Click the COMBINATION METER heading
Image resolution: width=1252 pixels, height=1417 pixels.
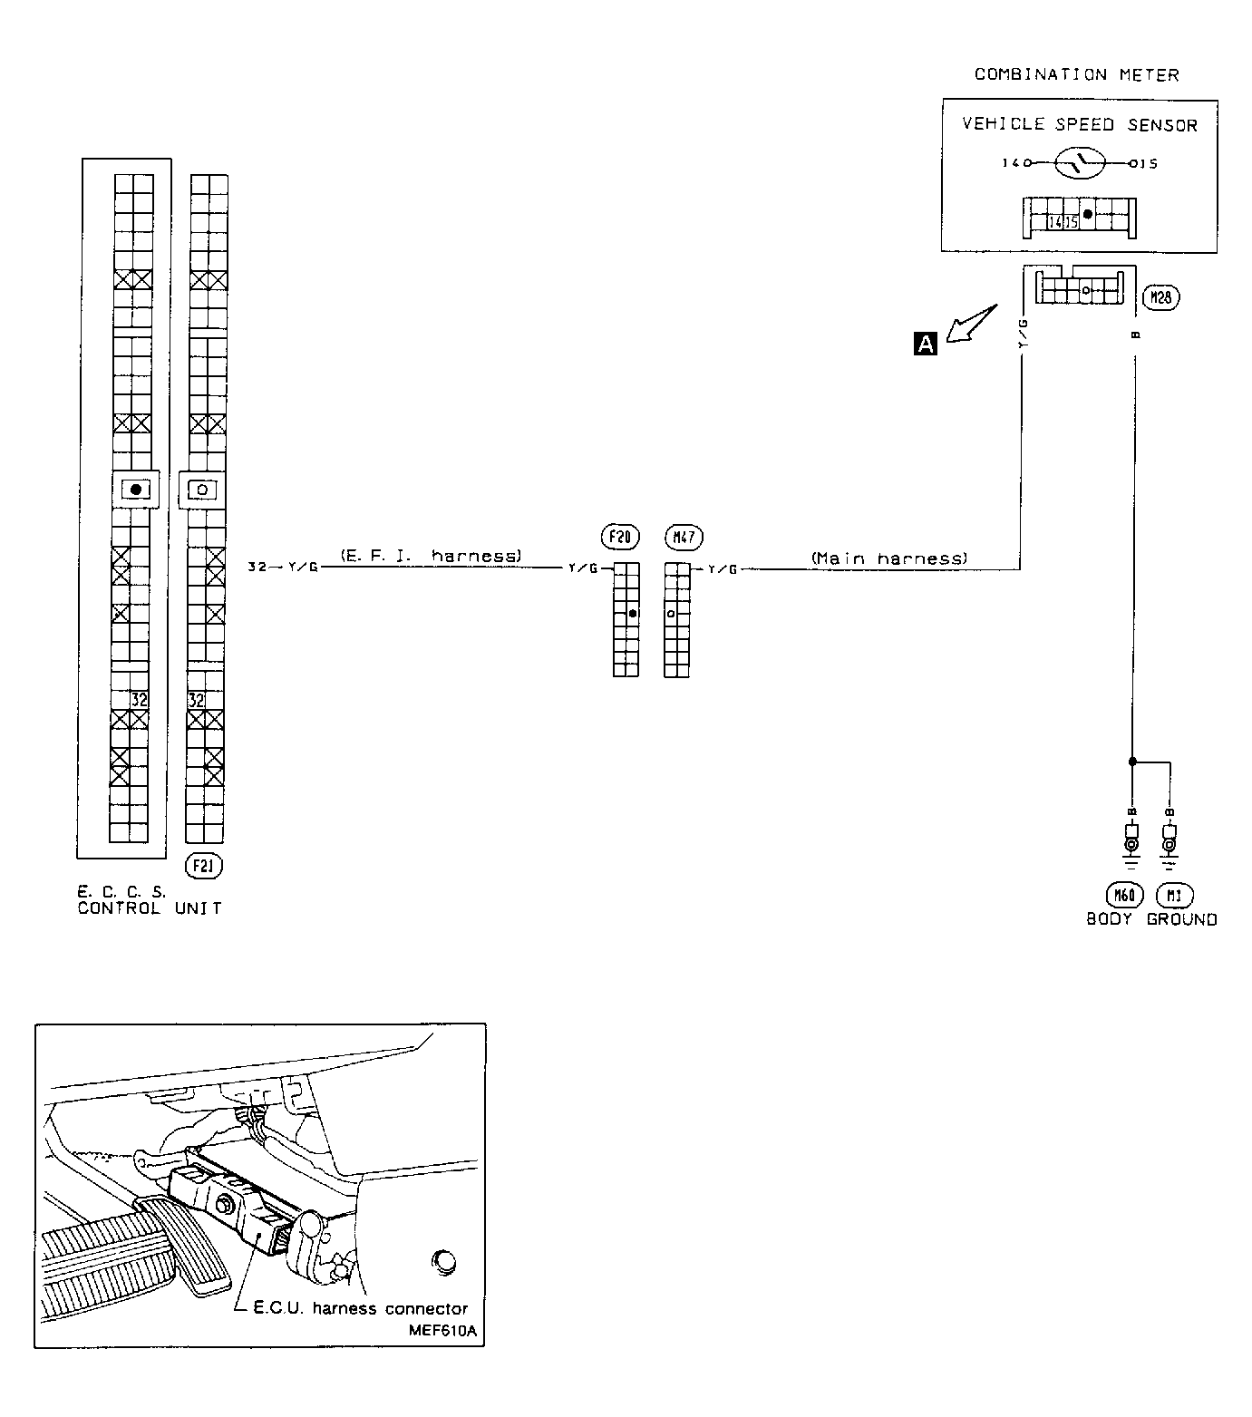point(1076,75)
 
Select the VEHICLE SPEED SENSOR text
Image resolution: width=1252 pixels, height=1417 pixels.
point(1079,125)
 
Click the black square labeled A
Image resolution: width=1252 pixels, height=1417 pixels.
point(926,343)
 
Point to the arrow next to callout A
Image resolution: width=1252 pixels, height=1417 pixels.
point(971,325)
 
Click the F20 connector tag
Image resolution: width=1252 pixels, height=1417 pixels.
point(620,537)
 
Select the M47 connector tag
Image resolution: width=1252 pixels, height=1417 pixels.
point(684,537)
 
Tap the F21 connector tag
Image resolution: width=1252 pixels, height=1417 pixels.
point(203,866)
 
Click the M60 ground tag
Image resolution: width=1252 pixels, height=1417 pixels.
point(1124,896)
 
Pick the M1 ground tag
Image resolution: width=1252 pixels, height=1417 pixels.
point(1174,896)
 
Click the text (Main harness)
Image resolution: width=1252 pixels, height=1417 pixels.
point(888,558)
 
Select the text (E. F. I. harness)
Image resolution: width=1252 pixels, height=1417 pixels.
point(431,556)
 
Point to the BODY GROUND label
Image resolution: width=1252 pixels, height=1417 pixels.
point(1151,919)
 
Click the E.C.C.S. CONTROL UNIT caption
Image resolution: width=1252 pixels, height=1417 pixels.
point(150,900)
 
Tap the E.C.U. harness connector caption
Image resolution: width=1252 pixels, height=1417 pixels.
point(359,1308)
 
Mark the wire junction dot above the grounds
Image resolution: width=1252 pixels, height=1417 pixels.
point(1132,762)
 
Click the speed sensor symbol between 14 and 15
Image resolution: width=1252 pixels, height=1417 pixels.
point(1080,164)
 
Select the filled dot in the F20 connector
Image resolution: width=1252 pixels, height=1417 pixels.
point(633,614)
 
